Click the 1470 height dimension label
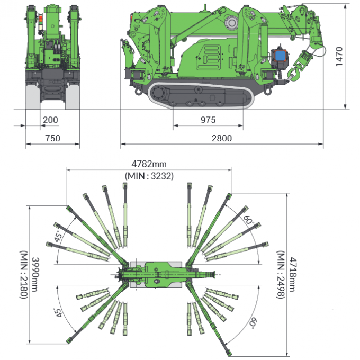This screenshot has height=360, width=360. click(339, 57)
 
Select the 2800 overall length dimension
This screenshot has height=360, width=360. click(221, 138)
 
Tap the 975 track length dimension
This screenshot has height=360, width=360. click(208, 120)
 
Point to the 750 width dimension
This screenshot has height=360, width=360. click(52, 138)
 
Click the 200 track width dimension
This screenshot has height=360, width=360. click(50, 120)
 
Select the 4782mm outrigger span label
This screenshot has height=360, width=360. click(149, 164)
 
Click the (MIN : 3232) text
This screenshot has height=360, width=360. click(149, 176)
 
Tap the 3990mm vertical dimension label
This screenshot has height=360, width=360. click(35, 274)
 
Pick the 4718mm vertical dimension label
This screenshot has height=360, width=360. click(293, 274)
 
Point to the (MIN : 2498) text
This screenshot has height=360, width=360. click(281, 275)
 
